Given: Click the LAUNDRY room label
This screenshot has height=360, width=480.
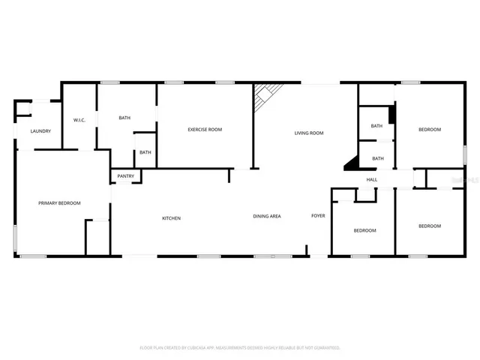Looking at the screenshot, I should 40,131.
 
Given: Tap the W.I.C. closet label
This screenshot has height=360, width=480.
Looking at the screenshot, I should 79,120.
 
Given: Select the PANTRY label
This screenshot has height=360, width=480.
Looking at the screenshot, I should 126,177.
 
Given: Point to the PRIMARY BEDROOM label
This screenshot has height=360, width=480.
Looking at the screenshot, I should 60,203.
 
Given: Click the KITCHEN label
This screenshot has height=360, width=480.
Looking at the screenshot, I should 172,218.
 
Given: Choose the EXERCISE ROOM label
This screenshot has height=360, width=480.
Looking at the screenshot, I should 205,130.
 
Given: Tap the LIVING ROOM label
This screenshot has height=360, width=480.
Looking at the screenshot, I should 308,133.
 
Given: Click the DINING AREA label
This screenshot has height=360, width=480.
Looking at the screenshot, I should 266,217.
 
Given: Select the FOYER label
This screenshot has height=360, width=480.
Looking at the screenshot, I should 318,216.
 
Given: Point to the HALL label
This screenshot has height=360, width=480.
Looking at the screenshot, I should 371,180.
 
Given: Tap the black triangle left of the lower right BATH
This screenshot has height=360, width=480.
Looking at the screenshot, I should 351,163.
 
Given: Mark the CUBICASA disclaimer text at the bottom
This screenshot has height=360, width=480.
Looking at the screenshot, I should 240,348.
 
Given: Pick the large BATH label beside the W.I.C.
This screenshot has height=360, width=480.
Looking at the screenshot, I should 126,118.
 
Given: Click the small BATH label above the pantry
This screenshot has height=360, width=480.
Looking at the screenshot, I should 145,153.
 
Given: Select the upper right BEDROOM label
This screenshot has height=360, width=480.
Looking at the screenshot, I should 430,130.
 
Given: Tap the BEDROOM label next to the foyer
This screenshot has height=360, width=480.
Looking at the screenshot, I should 365,230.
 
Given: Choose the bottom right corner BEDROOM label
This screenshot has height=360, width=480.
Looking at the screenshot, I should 430,226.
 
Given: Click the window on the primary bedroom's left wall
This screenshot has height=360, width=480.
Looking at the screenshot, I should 16,235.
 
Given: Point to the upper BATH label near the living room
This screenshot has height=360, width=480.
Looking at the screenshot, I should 376,126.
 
